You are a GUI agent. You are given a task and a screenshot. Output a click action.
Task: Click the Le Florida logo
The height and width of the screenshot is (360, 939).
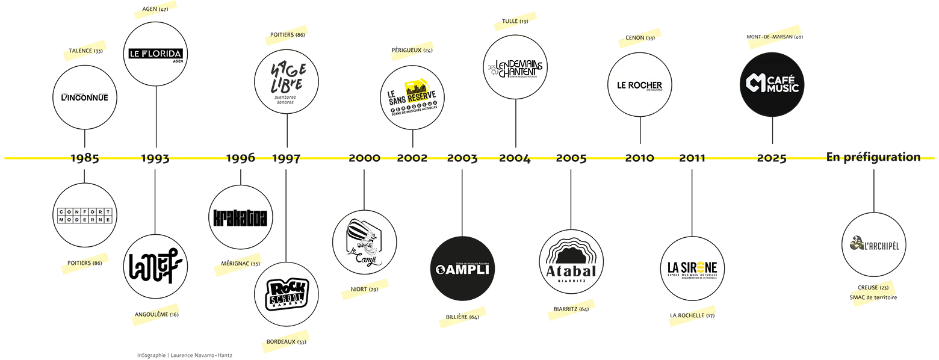155,54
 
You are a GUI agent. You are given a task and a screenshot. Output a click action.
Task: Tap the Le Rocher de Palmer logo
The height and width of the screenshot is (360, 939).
640,85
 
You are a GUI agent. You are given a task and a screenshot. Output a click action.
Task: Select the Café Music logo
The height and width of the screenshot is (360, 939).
772,84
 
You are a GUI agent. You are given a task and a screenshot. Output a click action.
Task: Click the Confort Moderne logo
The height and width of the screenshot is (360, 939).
85,216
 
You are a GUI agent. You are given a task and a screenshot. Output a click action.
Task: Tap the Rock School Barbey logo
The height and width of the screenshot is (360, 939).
286,295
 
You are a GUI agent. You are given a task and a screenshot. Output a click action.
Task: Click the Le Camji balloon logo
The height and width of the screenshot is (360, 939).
364,241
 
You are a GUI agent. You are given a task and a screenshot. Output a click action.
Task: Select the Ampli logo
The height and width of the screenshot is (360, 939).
462,269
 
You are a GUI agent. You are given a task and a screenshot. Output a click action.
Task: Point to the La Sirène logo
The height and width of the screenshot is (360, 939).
693,269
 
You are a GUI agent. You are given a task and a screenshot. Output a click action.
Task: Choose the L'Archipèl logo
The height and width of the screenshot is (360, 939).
875,245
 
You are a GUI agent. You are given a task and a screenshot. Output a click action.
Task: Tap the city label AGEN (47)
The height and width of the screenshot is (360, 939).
155,9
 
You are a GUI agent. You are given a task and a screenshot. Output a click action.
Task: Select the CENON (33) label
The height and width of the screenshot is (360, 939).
640,38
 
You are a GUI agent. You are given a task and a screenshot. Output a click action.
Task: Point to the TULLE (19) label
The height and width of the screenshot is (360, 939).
515,21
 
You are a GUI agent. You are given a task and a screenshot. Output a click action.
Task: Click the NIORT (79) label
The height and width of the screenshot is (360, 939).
364,290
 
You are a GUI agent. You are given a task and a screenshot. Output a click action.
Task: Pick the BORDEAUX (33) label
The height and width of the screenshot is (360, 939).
286,342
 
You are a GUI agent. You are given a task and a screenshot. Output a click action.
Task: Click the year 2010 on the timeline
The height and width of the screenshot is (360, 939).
639,158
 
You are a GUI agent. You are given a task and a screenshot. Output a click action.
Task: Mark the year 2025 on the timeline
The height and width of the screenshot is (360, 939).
772,158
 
